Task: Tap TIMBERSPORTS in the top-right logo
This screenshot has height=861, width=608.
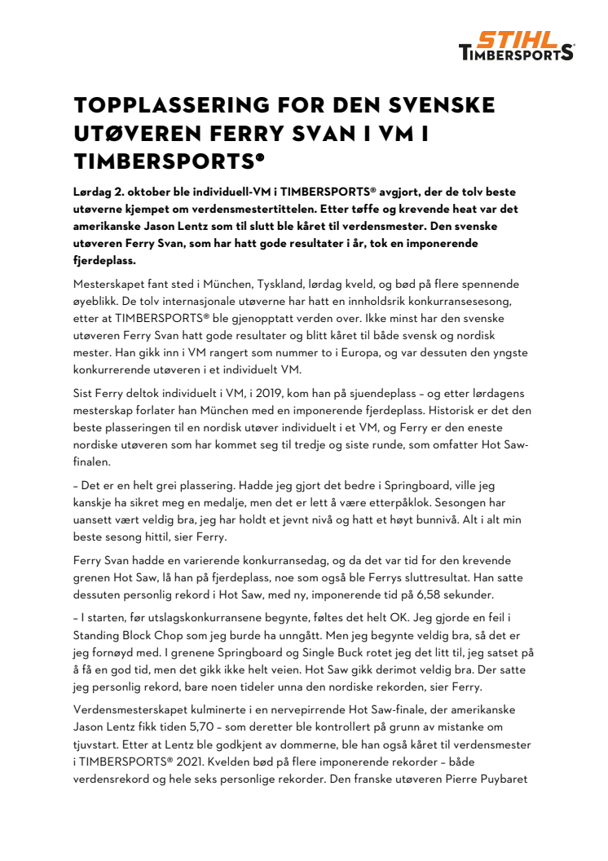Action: pyautogui.click(x=517, y=53)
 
